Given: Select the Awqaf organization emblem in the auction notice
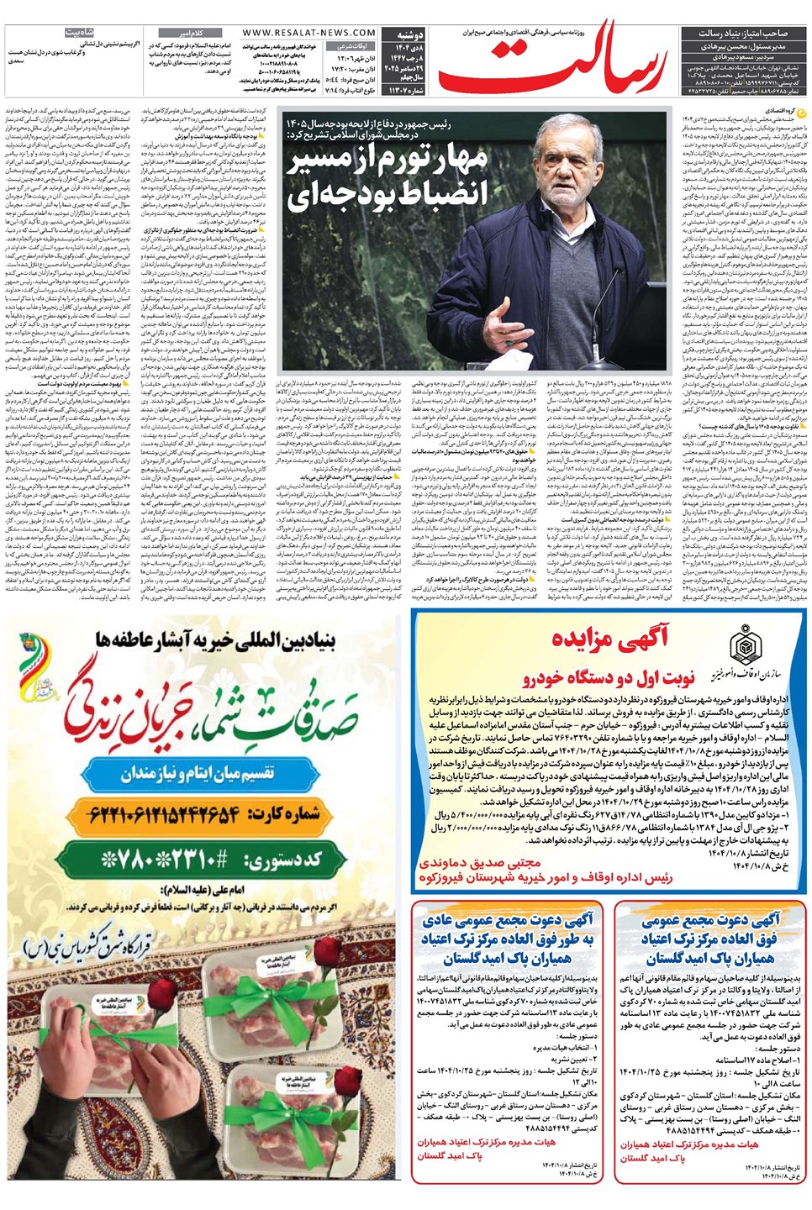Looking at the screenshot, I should point(746,647).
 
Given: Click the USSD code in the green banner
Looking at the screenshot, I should point(210,860).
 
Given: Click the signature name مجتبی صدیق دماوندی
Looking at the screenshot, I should point(480,863).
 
